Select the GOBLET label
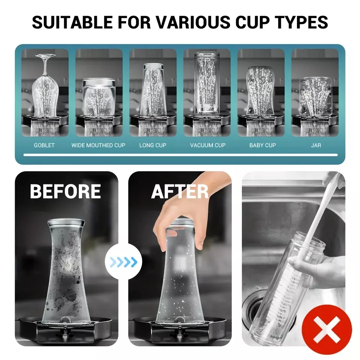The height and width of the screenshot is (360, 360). (44, 145)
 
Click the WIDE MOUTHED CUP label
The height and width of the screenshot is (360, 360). (98, 145)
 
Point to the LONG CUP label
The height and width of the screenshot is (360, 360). (153, 145)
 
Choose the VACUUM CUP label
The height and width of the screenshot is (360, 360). (208, 145)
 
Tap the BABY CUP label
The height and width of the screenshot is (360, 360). (262, 145)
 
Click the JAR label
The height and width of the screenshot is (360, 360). (316, 145)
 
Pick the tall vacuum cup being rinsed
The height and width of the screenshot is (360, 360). (207, 83)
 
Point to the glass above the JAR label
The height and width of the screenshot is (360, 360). (315, 96)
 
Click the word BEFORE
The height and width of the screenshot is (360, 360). (65, 192)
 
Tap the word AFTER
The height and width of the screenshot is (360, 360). (180, 192)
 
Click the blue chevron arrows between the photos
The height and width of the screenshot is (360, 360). (123, 262)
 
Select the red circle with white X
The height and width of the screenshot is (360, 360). (327, 330)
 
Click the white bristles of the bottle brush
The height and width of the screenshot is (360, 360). (286, 296)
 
